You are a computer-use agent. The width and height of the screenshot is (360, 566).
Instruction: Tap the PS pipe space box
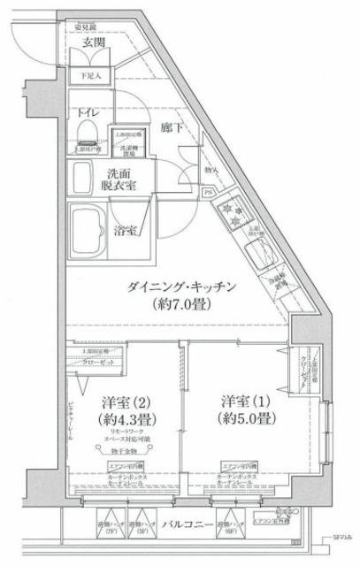[208, 192]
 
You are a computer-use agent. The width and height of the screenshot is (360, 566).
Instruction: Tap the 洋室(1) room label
[239, 400]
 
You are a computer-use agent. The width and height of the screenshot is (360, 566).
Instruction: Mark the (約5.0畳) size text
[239, 419]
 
